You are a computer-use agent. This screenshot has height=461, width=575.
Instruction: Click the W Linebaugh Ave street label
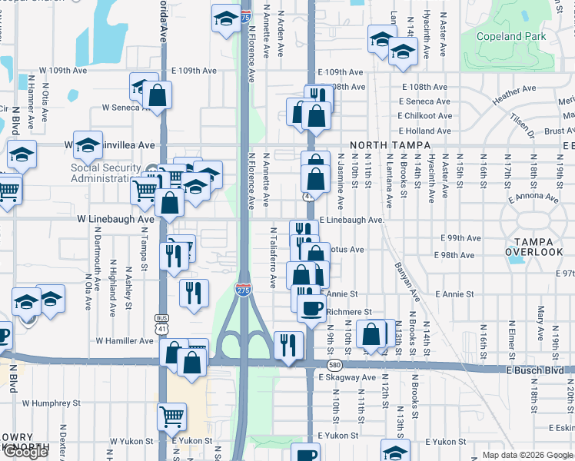pyautogui.click(x=115, y=219)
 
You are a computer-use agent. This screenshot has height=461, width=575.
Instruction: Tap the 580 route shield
pyautogui.click(x=333, y=364)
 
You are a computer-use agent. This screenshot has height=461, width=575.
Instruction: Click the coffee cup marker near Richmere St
pyautogui.click(x=311, y=309)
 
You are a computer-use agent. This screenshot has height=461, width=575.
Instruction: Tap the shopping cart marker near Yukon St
pyautogui.click(x=171, y=417)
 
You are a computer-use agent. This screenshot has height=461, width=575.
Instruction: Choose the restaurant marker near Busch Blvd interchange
pyautogui.click(x=288, y=344)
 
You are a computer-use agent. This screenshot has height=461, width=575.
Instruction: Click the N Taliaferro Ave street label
pyautogui.click(x=273, y=257)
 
